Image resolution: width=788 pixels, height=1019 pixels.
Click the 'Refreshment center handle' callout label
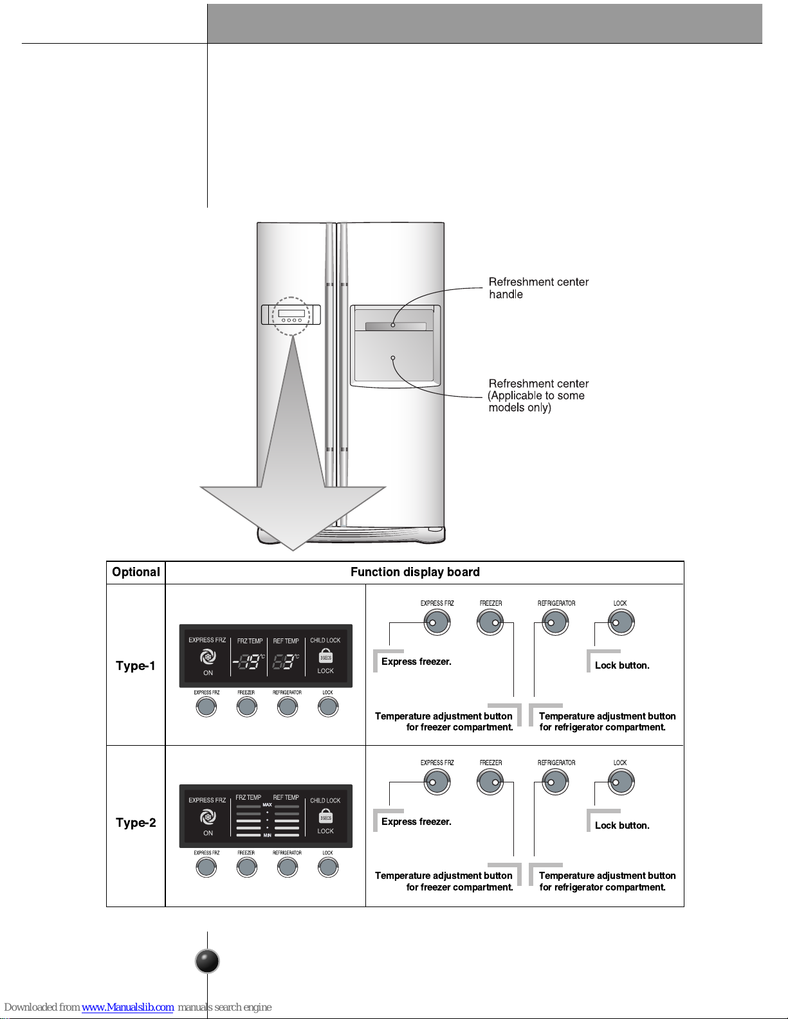(x=538, y=288)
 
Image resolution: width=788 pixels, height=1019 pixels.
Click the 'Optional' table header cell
(x=136, y=572)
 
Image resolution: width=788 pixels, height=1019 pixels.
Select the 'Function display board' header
(x=415, y=572)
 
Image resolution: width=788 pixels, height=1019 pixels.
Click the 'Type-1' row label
(x=136, y=665)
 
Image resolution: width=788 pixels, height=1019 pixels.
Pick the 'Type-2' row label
(x=136, y=822)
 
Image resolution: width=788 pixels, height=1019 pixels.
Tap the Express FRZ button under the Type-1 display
(x=206, y=707)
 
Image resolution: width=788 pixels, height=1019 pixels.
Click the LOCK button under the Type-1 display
(x=328, y=707)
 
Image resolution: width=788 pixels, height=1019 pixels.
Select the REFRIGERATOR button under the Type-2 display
(x=288, y=867)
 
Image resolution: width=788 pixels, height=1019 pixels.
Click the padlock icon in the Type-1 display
(x=325, y=656)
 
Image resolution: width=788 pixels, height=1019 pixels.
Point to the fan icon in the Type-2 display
(x=207, y=817)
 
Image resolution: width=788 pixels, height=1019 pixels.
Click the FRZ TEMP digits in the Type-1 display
(x=249, y=661)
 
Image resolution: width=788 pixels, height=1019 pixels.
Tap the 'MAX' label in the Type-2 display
(x=267, y=805)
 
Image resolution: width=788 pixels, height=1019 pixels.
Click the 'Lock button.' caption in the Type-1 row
(x=621, y=665)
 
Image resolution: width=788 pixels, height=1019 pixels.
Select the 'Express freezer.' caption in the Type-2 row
(x=416, y=822)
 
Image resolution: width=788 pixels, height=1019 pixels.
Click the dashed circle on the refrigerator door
(x=291, y=316)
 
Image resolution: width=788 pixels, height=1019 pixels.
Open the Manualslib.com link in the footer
(x=127, y=1007)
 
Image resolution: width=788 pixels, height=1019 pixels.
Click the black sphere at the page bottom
(x=207, y=961)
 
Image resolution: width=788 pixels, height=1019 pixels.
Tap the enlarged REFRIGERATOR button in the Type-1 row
(x=554, y=622)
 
